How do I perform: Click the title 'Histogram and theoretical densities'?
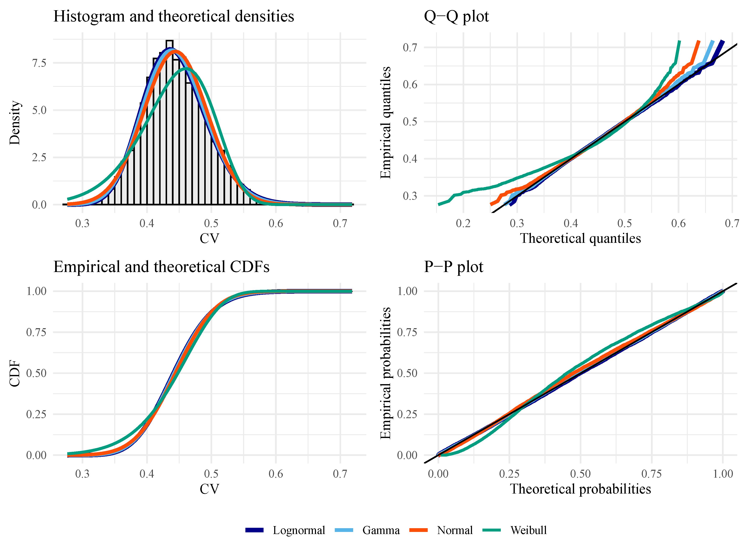click(x=174, y=16)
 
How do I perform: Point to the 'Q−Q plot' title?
click(x=456, y=16)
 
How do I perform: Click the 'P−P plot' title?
click(x=453, y=267)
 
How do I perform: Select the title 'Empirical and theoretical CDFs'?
click(x=161, y=267)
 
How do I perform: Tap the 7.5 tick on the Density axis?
click(x=39, y=63)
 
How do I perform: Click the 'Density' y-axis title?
click(x=15, y=123)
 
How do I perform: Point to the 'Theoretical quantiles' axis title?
click(x=580, y=238)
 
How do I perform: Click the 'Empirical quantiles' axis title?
click(x=386, y=123)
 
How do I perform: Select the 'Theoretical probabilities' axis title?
click(x=580, y=489)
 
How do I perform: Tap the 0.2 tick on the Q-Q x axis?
click(x=463, y=224)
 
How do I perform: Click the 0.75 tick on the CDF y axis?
click(x=36, y=332)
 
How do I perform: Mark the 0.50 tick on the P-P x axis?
click(x=580, y=474)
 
